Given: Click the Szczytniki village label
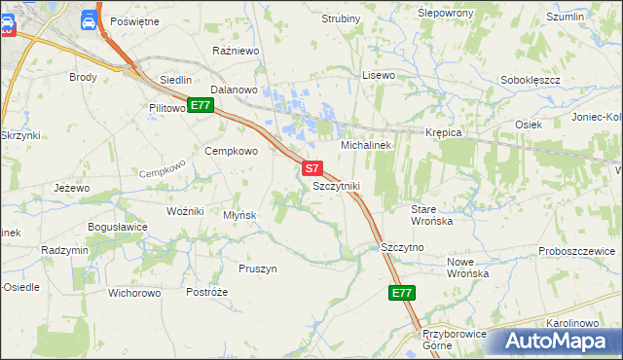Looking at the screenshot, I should tap(336, 185).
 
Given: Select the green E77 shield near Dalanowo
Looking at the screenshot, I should tap(201, 105).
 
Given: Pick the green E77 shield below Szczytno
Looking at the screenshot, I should tap(402, 292).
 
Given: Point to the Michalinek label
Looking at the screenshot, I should tap(365, 145).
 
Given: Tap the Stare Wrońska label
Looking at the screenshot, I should tap(432, 215).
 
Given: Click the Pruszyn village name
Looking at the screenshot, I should tap(258, 269).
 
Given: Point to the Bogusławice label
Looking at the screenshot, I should tap(117, 227).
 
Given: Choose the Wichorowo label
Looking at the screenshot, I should tap(134, 292).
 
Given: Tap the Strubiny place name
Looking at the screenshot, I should tap(340, 18).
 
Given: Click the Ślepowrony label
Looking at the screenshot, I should tap(445, 13).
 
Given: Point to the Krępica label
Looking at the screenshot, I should tap(442, 132).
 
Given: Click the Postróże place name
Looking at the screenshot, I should tap(205, 292).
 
